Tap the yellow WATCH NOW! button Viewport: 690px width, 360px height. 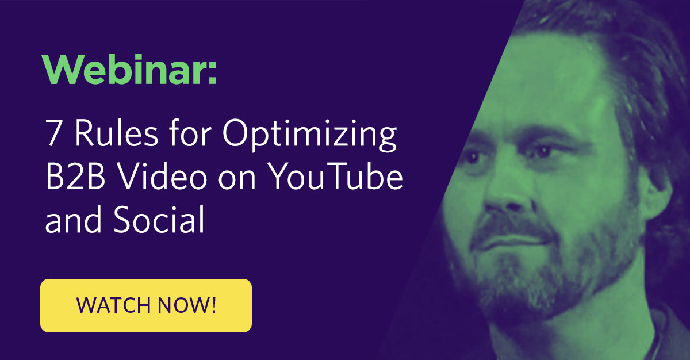[x=146, y=305]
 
